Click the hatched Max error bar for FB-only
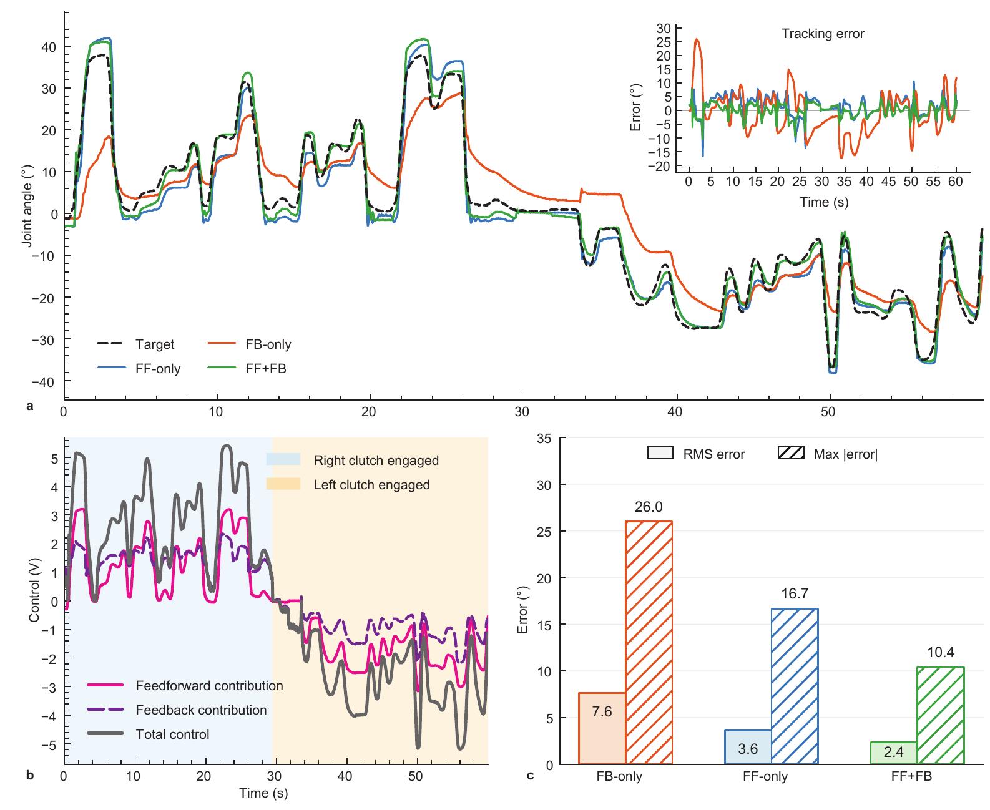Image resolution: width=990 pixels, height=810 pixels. tap(649, 642)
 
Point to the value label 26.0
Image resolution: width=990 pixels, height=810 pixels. tap(649, 507)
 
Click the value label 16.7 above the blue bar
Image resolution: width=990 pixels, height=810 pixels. tap(795, 595)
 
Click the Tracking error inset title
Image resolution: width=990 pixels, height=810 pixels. tap(822, 34)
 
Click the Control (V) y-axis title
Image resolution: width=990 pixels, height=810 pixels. tap(34, 601)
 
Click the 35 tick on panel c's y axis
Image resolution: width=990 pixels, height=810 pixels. tap(544, 438)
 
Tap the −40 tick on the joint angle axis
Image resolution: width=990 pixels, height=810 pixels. tap(49, 381)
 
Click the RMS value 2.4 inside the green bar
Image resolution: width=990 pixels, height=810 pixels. tap(893, 753)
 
